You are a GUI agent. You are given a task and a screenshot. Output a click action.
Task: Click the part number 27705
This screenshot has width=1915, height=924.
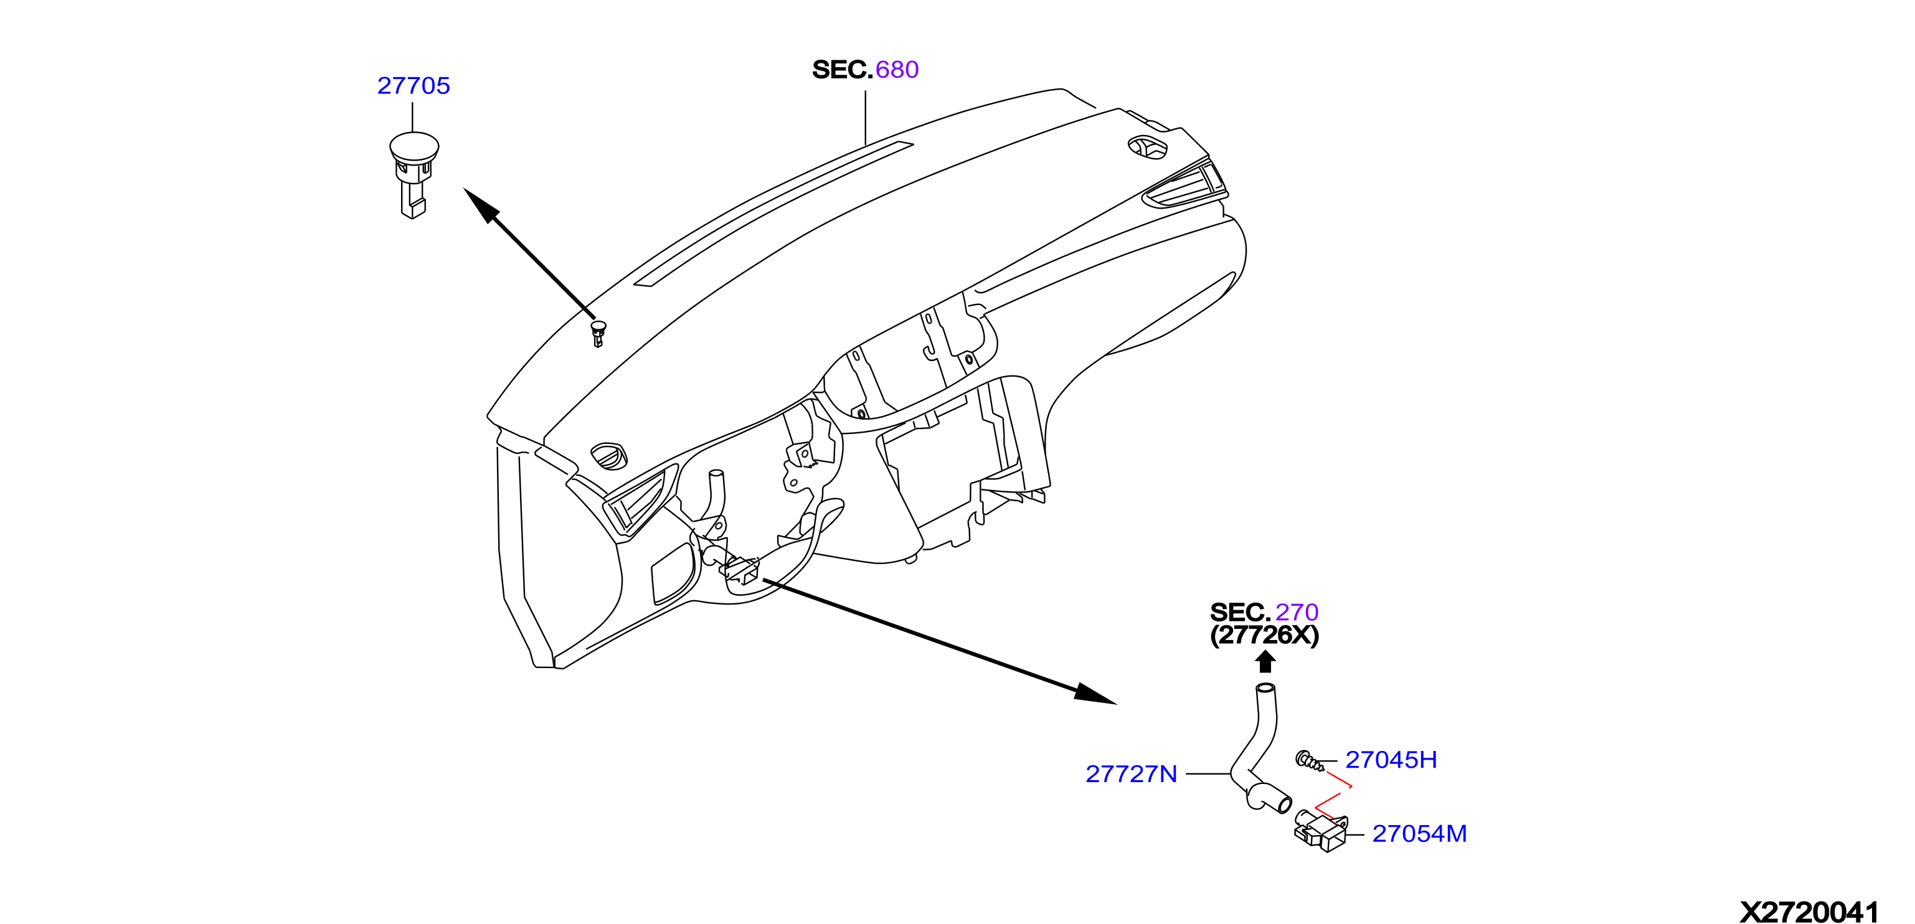[414, 85]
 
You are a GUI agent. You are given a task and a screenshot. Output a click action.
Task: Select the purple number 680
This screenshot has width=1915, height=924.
[897, 69]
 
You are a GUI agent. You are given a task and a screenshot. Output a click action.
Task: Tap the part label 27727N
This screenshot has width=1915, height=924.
[1131, 774]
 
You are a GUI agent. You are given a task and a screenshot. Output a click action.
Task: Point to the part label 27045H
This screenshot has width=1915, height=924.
[1391, 760]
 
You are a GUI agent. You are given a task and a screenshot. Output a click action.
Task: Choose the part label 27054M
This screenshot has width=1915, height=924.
[1419, 833]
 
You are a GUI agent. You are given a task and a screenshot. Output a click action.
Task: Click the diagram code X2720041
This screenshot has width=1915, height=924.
[1809, 912]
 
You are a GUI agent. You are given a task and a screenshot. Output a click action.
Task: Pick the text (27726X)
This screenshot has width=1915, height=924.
[1265, 636]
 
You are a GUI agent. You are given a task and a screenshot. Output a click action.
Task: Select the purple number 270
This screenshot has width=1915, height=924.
[1297, 612]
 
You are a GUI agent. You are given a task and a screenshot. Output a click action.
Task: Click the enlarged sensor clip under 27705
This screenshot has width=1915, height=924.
[414, 175]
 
